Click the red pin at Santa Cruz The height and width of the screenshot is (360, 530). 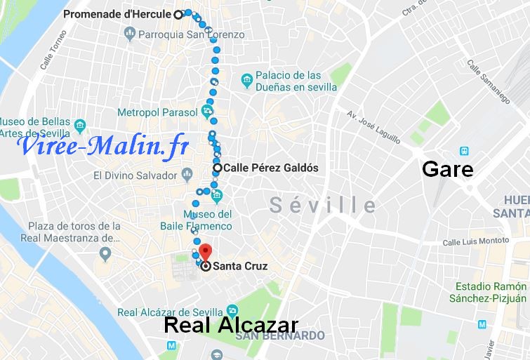tap(204, 253)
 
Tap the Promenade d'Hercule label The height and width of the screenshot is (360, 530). tap(118, 13)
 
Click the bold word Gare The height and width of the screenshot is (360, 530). tap(446, 169)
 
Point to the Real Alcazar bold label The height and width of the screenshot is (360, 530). tap(231, 325)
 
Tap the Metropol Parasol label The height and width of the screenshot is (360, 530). tap(157, 111)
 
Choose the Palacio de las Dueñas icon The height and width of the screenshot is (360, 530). tap(246, 81)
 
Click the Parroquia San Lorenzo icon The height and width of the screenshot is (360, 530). tap(129, 33)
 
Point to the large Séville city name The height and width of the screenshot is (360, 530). tap(324, 205)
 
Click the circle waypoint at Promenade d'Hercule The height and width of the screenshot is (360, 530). tap(178, 13)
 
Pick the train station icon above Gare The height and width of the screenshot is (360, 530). tap(464, 150)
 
